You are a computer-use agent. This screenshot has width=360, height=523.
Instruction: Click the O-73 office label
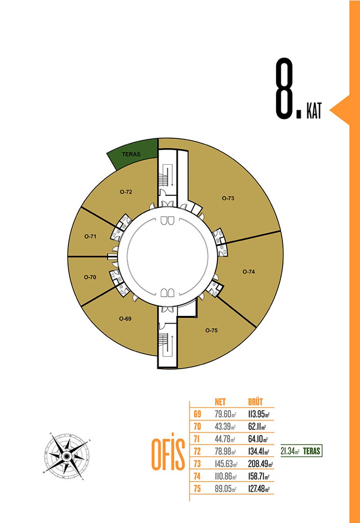pyautogui.click(x=228, y=198)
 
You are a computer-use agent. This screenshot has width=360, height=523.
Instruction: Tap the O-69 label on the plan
pyautogui.click(x=126, y=319)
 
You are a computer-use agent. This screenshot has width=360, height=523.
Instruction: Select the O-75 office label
pyautogui.click(x=211, y=330)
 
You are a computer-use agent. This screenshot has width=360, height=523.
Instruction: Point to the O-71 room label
pyautogui.click(x=90, y=236)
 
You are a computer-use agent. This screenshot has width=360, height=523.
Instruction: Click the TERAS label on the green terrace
pyautogui.click(x=131, y=154)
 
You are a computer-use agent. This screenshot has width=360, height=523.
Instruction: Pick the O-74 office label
pyautogui.click(x=249, y=271)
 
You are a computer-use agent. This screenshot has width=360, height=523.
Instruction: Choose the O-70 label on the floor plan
pyautogui.click(x=90, y=277)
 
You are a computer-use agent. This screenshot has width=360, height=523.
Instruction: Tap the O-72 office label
pyautogui.click(x=126, y=192)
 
